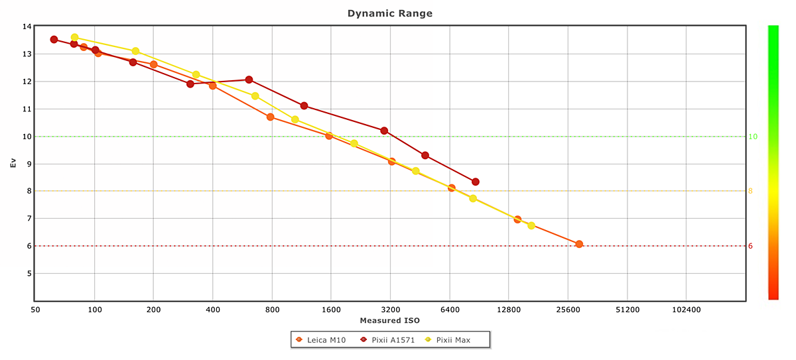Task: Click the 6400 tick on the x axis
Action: pyautogui.click(x=450, y=310)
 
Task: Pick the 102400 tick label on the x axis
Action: pyautogui.click(x=686, y=310)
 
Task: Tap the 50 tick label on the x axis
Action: pyautogui.click(x=35, y=310)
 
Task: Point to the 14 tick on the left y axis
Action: pyautogui.click(x=27, y=27)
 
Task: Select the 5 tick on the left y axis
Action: pyautogui.click(x=29, y=273)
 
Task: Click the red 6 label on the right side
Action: pyautogui.click(x=751, y=246)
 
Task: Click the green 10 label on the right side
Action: pyautogui.click(x=753, y=137)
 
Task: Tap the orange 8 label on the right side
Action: pyautogui.click(x=751, y=191)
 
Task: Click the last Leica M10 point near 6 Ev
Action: pyautogui.click(x=579, y=244)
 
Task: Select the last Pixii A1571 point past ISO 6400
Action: pyautogui.click(x=476, y=182)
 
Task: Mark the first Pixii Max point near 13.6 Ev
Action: pyautogui.click(x=74, y=37)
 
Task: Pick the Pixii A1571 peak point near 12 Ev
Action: pyautogui.click(x=249, y=80)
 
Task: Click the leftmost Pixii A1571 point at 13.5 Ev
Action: pyautogui.click(x=54, y=39)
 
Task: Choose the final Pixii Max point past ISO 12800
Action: pyautogui.click(x=531, y=225)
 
